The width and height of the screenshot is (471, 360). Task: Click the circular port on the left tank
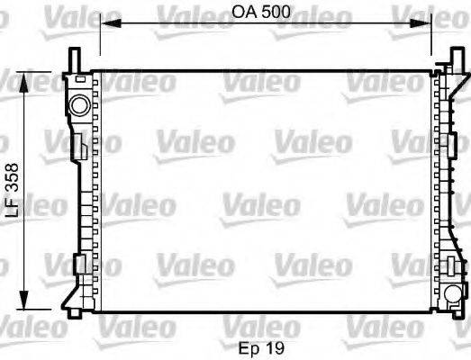coord(79,106)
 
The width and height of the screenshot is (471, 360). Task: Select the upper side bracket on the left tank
coord(79,145)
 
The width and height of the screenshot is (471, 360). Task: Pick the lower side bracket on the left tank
coord(79,264)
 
